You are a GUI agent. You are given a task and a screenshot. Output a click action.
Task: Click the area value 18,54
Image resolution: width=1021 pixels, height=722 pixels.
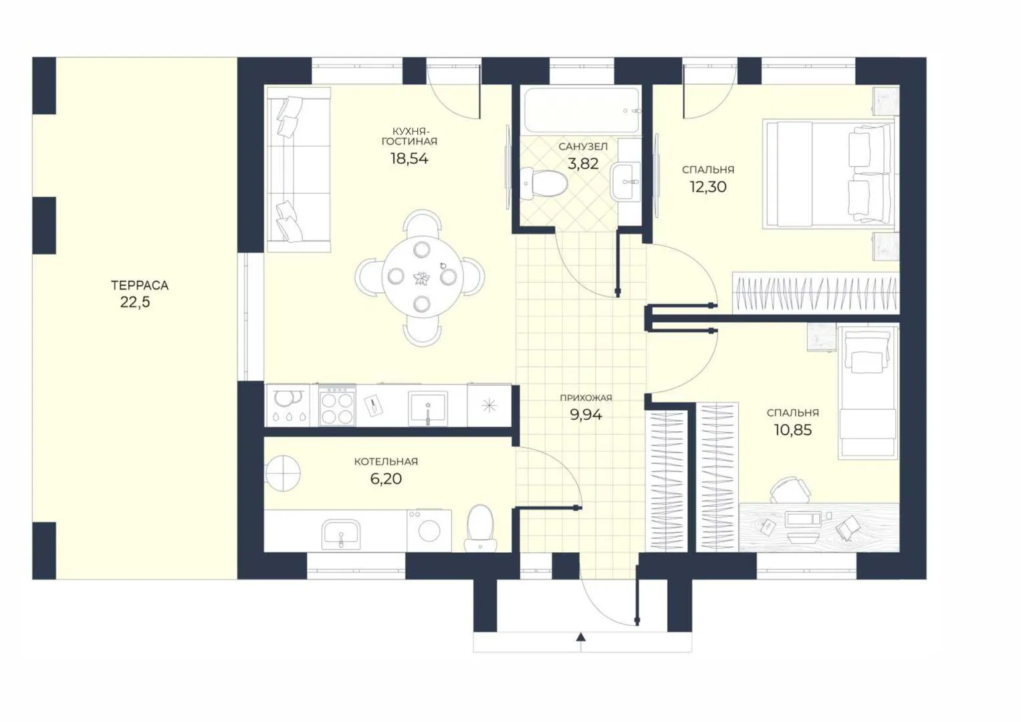[x=409, y=158]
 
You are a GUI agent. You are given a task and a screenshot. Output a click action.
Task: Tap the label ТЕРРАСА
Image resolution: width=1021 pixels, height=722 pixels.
[x=140, y=286]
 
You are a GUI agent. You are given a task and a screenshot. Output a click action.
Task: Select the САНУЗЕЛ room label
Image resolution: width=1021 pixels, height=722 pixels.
[x=583, y=147]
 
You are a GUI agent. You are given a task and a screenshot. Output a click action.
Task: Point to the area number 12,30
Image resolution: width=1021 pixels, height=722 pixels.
[x=708, y=187]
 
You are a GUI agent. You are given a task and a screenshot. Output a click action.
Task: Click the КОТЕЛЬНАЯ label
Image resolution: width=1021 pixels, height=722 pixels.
[x=386, y=462]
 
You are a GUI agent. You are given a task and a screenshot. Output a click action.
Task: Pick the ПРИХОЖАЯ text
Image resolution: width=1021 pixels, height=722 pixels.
[x=586, y=398]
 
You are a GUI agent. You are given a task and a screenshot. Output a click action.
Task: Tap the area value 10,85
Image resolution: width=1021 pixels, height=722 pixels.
[x=792, y=430]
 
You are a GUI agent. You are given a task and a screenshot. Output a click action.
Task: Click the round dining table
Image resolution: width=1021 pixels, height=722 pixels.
[x=422, y=277]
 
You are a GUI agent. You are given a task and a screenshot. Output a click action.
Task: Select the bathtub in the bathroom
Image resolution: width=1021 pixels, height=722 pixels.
[x=582, y=110]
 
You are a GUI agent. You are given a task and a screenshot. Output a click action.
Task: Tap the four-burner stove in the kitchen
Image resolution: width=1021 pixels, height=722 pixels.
[x=337, y=406]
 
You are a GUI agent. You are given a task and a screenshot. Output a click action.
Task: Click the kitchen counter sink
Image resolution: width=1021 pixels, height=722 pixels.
[x=427, y=408]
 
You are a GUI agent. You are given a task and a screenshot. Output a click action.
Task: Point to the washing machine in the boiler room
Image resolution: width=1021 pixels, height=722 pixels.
[x=429, y=531]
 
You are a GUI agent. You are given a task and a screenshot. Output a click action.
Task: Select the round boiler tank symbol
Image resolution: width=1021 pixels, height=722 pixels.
[x=283, y=473]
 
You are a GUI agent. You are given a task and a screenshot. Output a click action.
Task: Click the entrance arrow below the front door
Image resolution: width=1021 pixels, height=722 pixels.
[x=580, y=642]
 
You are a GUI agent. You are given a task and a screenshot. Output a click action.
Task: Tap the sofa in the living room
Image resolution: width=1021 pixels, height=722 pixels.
[x=299, y=170]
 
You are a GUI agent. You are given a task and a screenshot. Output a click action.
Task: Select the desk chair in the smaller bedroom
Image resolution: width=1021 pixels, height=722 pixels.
[x=790, y=491]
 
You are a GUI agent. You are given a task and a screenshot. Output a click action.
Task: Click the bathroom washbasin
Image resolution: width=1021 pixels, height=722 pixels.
[x=625, y=183]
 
